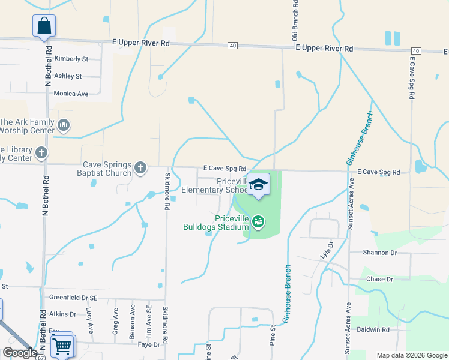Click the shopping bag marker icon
coord(44,26)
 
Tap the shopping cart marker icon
coord(62,345)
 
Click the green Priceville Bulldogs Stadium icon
coord(258,222)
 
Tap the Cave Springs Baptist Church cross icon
coord(140,167)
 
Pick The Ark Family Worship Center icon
coord(64,125)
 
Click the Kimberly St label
coord(71,59)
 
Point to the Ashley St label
coord(68,76)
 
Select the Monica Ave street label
coord(71,94)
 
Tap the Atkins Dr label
coord(63,314)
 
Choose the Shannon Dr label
coord(380,253)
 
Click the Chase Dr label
coord(379,280)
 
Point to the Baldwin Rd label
coord(373,329)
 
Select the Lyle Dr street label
coord(327,249)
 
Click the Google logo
coord(19,353)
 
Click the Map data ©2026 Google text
coord(411,355)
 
